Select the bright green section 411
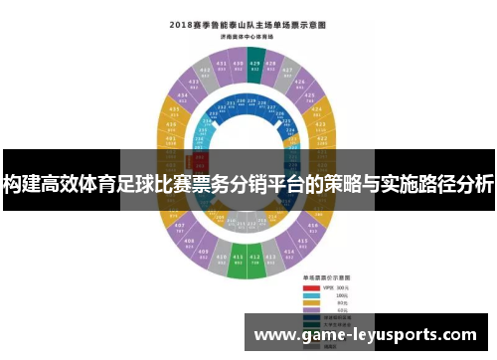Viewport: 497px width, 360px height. click(x=239, y=262)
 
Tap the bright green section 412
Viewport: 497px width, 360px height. click(x=255, y=262)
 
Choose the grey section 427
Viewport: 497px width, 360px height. click(x=288, y=72)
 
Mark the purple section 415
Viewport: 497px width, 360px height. click(x=300, y=246)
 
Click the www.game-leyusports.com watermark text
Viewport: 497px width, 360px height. click(x=367, y=335)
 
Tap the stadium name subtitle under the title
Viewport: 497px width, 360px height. click(x=248, y=35)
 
